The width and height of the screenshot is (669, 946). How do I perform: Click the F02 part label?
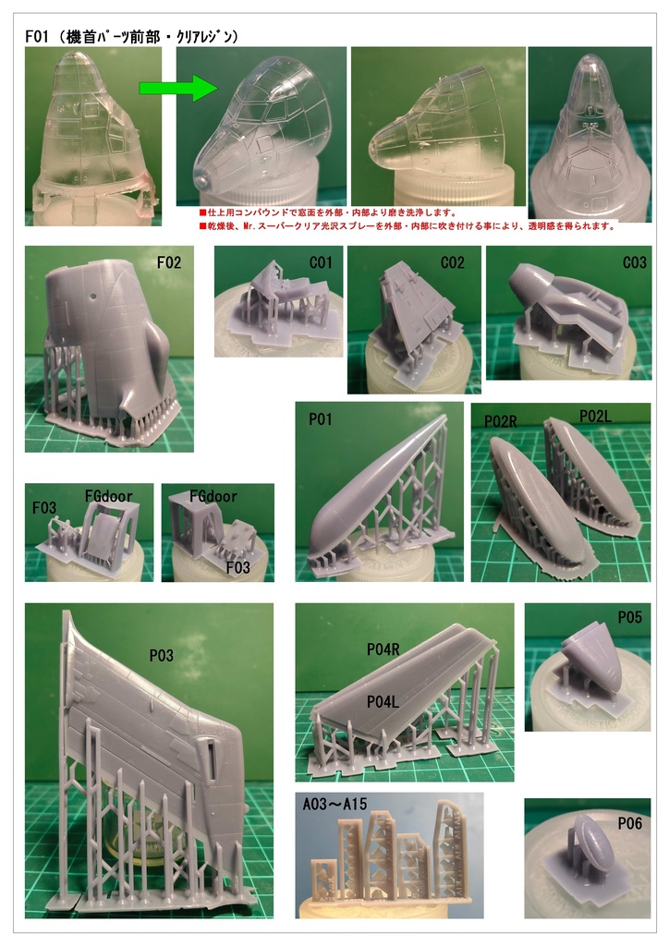[169, 263]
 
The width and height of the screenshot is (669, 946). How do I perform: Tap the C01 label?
[321, 263]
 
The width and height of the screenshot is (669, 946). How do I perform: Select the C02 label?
[453, 263]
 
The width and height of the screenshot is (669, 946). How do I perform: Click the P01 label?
[321, 419]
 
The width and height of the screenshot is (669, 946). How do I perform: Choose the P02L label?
[597, 418]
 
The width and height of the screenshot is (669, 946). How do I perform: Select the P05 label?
[629, 618]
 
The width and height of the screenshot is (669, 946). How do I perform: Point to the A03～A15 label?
[335, 805]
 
